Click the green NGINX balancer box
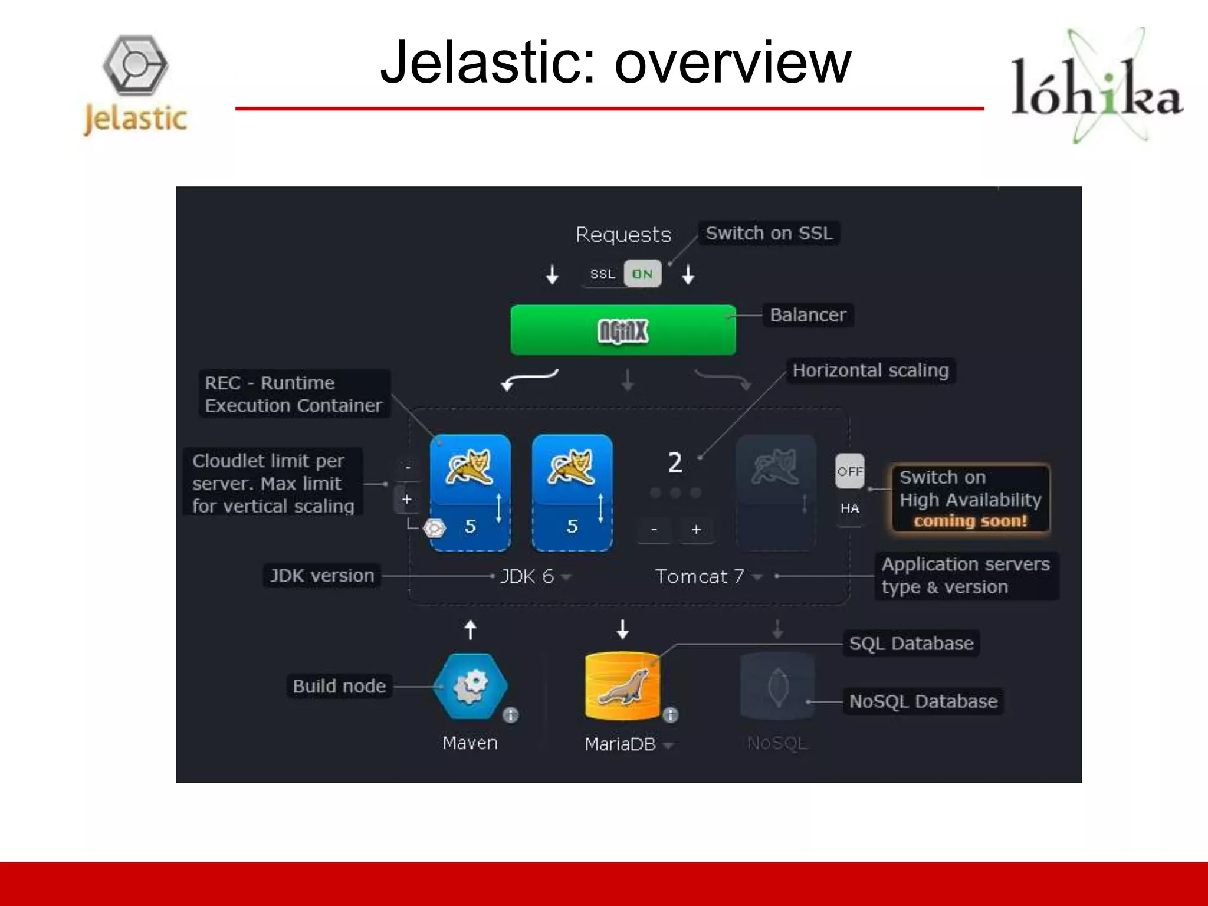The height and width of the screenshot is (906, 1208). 623,330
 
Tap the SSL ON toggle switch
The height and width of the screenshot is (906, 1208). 642,274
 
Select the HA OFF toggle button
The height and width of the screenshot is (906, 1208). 849,471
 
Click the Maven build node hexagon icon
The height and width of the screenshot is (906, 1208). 470,686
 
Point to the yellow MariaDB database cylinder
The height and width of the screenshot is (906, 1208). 622,686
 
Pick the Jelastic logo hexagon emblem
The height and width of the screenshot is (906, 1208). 136,65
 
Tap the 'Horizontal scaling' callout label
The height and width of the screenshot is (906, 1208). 871,370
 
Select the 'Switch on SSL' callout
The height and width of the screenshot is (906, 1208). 769,233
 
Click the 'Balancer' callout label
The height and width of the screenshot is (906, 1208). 807,315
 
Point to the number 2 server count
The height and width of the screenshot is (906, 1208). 675,462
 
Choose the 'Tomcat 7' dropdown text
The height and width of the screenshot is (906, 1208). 700,576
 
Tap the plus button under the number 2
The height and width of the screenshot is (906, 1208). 696,530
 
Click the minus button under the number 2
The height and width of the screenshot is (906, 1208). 654,530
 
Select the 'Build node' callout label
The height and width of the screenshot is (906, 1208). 339,686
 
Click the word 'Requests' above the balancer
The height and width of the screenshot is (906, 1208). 623,235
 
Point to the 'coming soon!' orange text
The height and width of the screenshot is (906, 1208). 970,521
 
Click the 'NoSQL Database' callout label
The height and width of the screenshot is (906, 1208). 923,701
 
